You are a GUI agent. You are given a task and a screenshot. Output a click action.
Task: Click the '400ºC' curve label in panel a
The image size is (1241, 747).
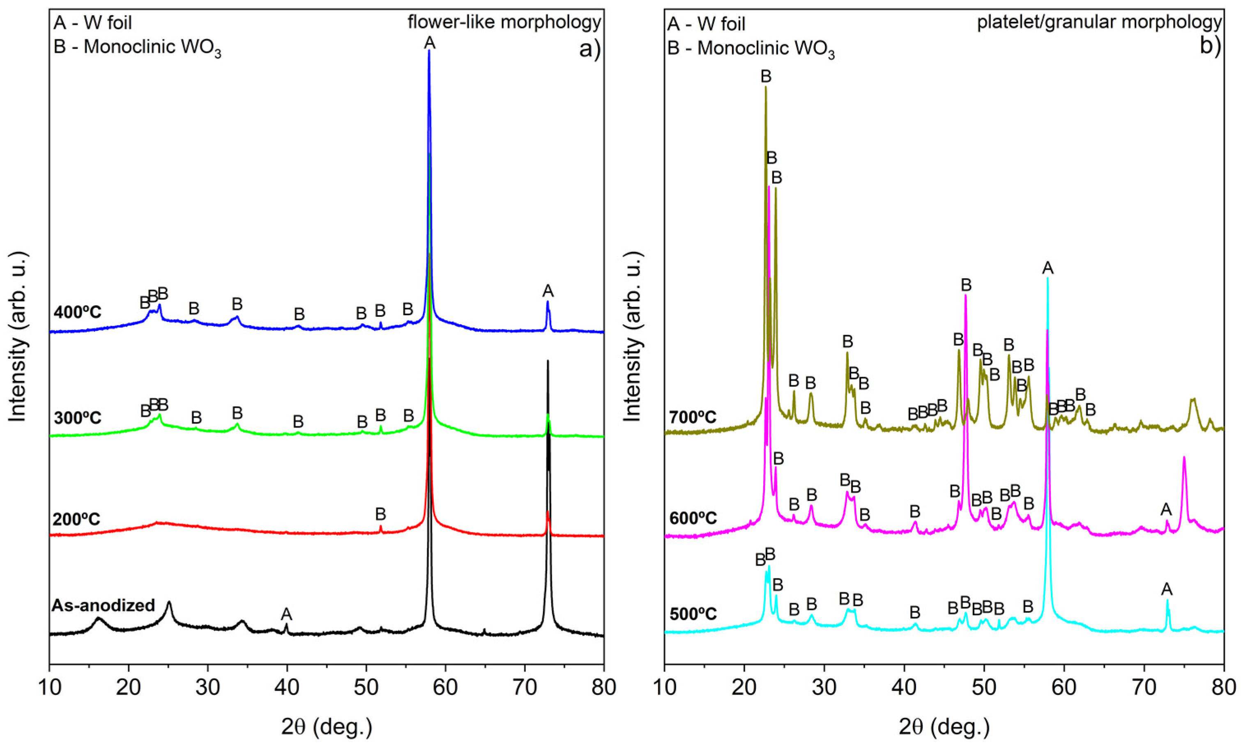(78, 313)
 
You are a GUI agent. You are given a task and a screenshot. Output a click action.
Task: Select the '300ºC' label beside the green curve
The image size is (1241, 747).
(78, 418)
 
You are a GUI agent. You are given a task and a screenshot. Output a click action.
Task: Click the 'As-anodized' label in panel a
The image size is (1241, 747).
(103, 605)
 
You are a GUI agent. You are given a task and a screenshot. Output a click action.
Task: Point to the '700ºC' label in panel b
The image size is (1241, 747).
(693, 417)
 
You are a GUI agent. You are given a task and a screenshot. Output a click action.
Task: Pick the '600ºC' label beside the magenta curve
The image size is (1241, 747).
(693, 518)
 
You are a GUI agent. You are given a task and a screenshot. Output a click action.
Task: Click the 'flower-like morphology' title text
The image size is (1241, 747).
(504, 22)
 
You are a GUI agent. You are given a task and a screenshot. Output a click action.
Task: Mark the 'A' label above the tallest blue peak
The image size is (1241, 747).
(430, 43)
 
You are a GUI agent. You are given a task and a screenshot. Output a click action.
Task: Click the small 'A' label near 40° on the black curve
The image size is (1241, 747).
(287, 614)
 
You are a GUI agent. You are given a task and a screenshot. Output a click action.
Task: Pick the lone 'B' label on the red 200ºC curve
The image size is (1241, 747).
(380, 514)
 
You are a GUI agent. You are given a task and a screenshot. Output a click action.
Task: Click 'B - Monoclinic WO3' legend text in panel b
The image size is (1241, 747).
(751, 49)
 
